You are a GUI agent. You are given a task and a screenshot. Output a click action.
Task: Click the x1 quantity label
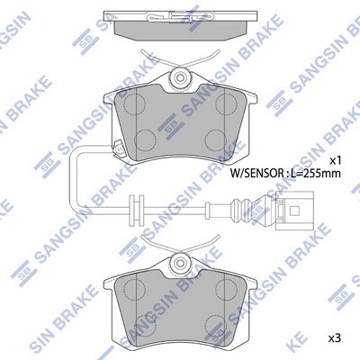(336, 160)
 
